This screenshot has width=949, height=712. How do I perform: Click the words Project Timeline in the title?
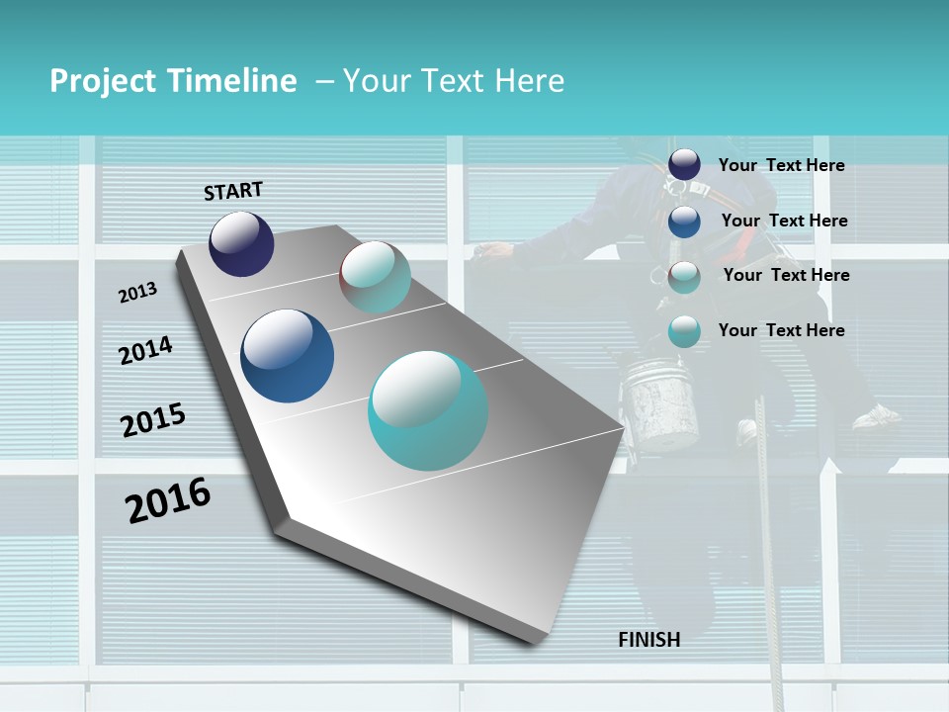tap(173, 81)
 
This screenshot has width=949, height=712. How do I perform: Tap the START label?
tap(233, 191)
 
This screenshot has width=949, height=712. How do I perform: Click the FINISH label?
tap(648, 640)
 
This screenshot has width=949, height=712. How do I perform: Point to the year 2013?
tap(137, 293)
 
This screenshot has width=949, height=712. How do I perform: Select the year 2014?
tap(145, 350)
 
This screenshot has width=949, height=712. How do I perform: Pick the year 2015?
tap(153, 419)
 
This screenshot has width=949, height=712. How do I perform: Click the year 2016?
tap(168, 500)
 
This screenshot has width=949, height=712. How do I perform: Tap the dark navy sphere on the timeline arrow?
tap(241, 243)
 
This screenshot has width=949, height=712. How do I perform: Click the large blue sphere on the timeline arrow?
tap(288, 356)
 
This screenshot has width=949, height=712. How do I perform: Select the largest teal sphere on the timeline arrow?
tap(428, 410)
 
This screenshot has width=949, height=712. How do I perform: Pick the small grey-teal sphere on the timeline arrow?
tap(375, 277)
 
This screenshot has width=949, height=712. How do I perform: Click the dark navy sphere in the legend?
tap(684, 164)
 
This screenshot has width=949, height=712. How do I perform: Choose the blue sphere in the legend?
tap(684, 222)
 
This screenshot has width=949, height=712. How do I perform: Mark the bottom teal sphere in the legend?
tap(684, 332)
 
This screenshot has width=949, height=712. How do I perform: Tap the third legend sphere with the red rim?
tap(684, 277)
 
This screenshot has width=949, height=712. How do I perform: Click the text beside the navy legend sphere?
tap(781, 165)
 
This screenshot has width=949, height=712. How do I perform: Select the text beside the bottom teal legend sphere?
tap(781, 330)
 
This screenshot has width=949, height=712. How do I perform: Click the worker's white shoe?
tap(876, 417)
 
